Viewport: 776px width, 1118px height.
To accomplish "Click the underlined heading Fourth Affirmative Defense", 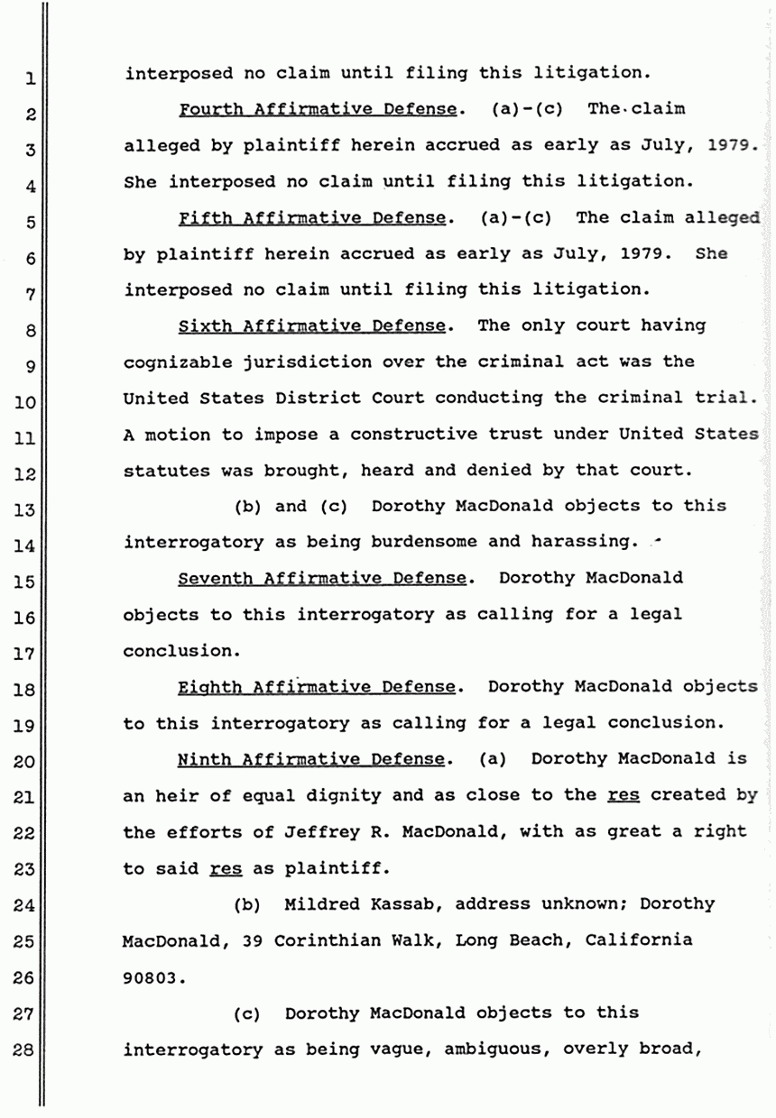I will (317, 110).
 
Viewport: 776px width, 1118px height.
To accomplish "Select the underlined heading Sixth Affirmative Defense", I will (311, 325).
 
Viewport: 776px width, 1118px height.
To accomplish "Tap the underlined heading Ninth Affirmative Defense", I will (310, 759).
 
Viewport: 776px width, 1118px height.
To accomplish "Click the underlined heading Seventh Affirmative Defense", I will (322, 578).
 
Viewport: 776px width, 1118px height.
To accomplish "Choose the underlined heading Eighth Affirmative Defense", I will (317, 687).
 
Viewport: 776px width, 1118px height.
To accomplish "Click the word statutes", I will (163, 470).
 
